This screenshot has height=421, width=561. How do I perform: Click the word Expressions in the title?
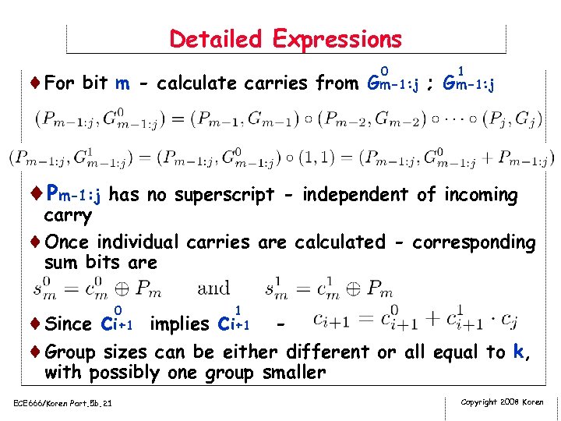337,39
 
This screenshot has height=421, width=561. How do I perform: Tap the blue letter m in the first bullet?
122,83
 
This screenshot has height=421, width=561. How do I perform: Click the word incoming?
482,195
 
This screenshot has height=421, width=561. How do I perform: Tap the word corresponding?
473,242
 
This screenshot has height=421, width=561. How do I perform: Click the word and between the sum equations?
213,290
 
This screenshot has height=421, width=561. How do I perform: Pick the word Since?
69,324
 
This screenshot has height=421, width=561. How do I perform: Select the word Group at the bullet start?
70,352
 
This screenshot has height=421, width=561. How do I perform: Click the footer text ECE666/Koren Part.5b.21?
62,402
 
